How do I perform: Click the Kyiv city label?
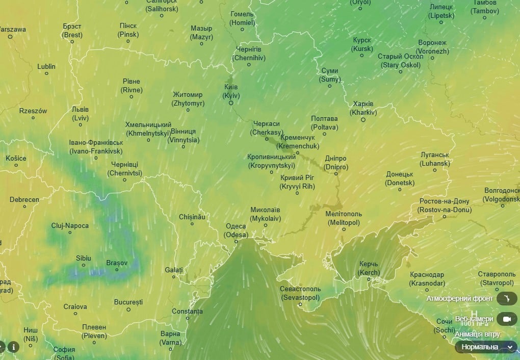point(231,91)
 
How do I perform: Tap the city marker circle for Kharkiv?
point(363,120)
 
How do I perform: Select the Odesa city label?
point(236,230)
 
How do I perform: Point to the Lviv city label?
point(80,114)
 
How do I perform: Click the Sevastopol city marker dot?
point(300,305)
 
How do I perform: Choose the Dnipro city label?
point(335,163)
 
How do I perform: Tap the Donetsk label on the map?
point(400,178)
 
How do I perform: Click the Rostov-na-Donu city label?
point(444,205)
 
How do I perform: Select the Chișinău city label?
point(192,217)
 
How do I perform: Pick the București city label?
point(128,302)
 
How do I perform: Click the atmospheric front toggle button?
point(506,298)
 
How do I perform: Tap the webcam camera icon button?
point(506,319)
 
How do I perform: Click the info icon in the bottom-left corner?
point(13,347)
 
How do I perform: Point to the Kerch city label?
point(369,268)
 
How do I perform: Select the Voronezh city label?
point(432,47)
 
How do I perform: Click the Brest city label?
point(72,31)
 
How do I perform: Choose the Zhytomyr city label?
point(188,99)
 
